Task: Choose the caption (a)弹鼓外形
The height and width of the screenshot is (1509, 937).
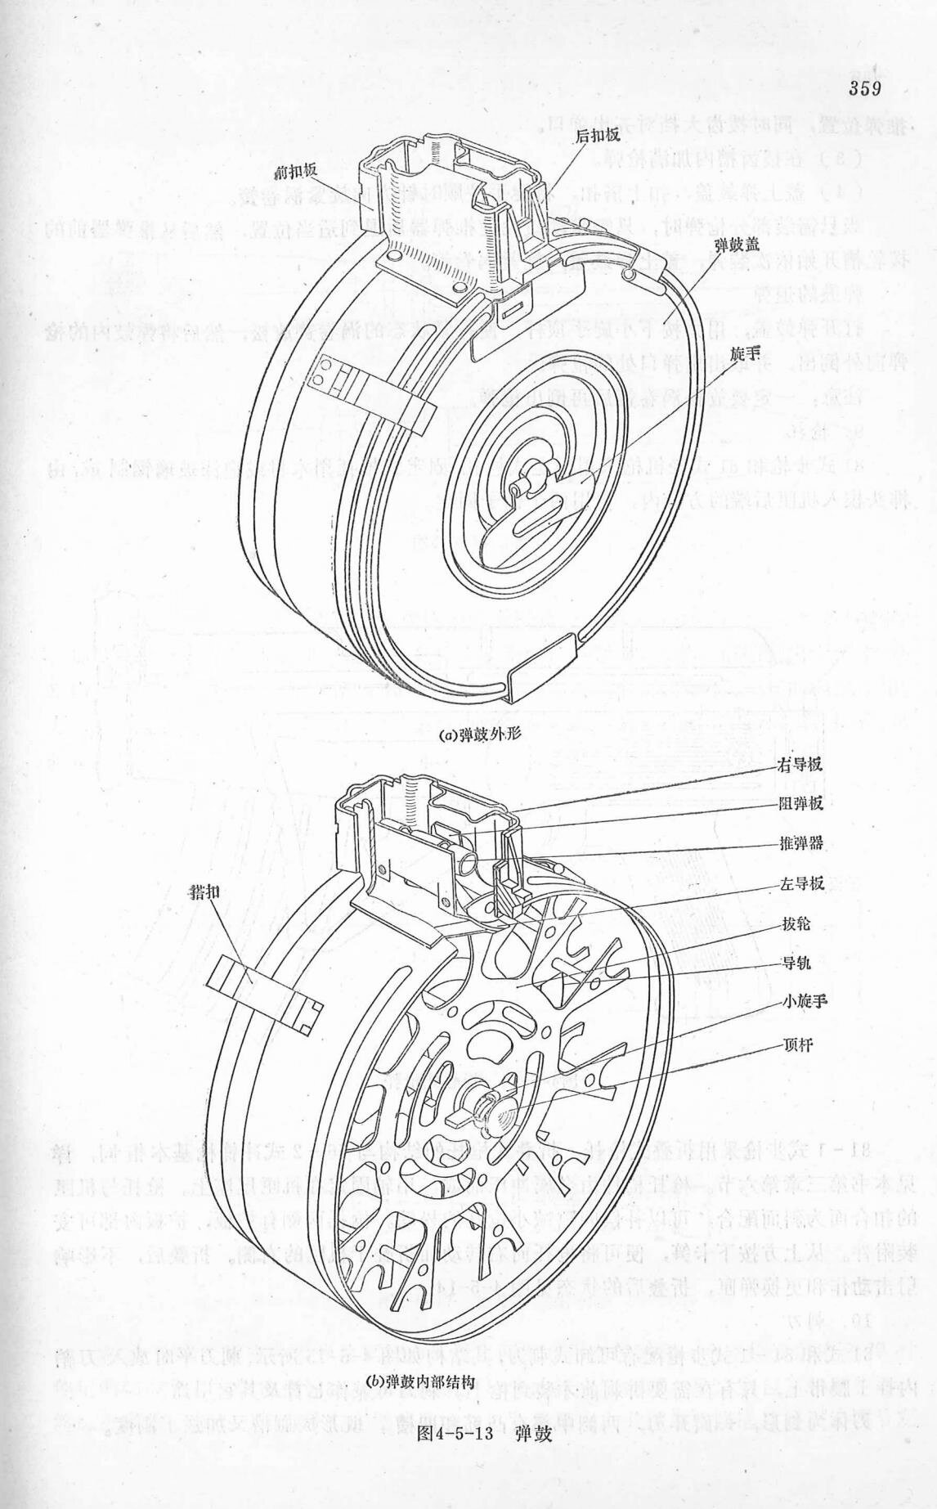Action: pos(479,734)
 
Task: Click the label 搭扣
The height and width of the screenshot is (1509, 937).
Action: pos(204,890)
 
